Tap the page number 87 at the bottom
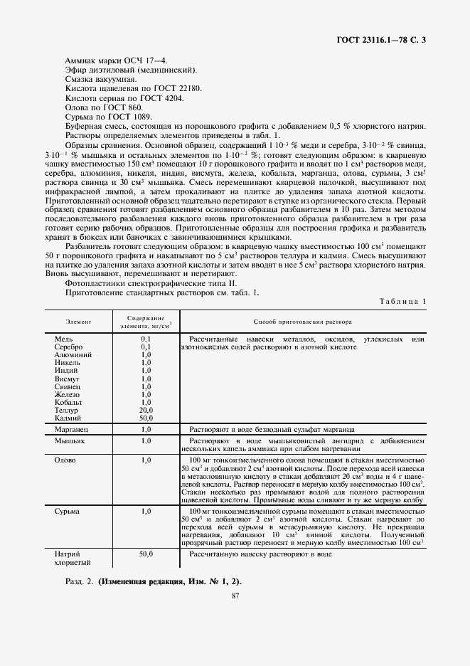pos(235,598)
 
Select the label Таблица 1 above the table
pos(402,302)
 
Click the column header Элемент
pos(78,322)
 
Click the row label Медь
pos(64,339)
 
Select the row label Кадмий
pos(68,418)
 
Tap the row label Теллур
pos(68,410)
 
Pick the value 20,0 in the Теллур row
pos(146,410)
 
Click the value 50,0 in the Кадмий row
pos(146,418)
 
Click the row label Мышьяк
pos(70,441)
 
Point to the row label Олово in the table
pos(66,460)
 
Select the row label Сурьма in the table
pos(68,511)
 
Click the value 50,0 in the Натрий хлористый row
pos(146,553)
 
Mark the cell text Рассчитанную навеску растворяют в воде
pos(261,553)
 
